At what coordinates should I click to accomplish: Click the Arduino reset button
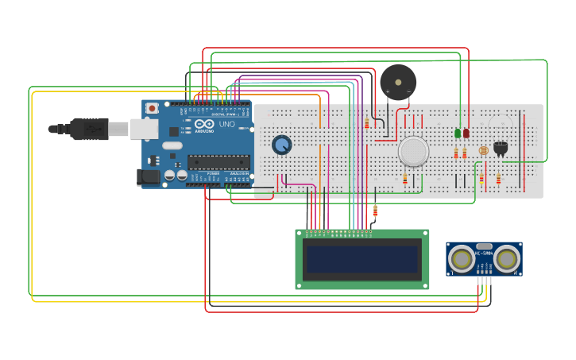(x=152, y=108)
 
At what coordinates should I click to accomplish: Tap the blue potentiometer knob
(x=281, y=145)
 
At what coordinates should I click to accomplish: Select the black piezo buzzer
(x=397, y=82)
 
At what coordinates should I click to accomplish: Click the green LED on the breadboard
(x=458, y=133)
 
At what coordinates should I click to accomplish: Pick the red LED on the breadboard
(x=466, y=133)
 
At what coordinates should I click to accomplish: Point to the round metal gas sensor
(x=413, y=151)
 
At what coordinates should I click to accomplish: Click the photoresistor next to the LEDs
(x=484, y=149)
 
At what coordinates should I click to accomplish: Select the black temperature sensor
(x=501, y=147)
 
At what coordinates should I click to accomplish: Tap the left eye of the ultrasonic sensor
(x=461, y=257)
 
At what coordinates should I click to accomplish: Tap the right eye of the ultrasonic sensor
(x=507, y=257)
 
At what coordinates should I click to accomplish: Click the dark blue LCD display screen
(x=362, y=259)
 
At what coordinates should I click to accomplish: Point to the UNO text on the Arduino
(x=226, y=125)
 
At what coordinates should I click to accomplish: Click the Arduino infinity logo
(x=204, y=125)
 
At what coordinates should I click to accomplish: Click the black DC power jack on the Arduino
(x=149, y=177)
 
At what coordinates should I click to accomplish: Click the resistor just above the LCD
(x=375, y=211)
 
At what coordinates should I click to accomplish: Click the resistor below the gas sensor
(x=404, y=180)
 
